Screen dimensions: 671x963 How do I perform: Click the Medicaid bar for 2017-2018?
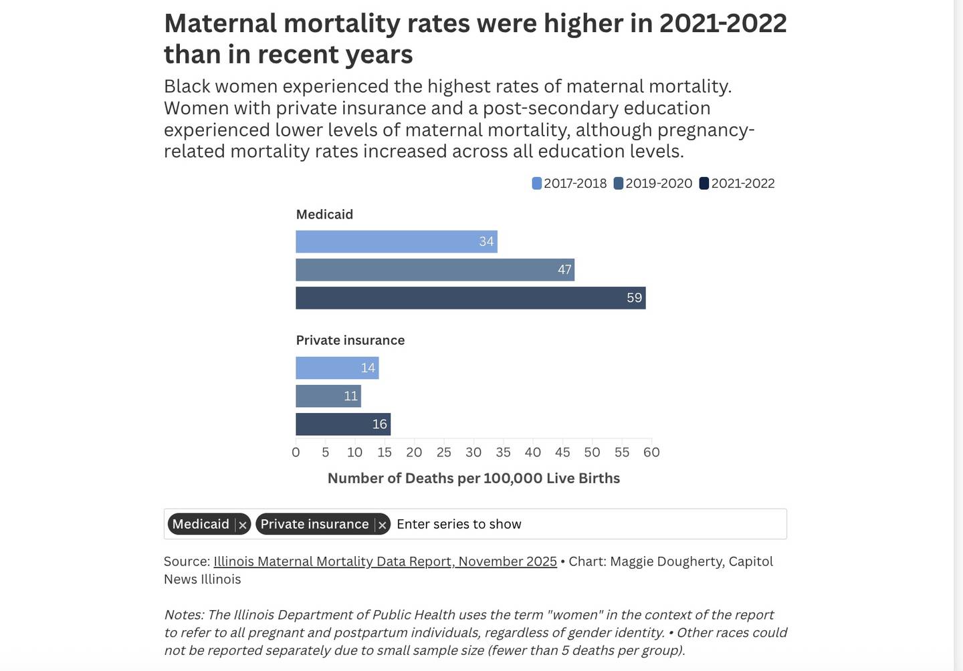click(396, 242)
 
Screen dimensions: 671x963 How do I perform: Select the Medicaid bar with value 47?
click(435, 270)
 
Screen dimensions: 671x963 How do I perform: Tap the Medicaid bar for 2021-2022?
click(470, 298)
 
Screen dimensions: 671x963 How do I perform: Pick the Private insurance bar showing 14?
click(337, 368)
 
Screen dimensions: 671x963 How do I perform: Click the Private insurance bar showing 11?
click(328, 396)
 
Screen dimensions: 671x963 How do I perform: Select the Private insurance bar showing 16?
click(343, 424)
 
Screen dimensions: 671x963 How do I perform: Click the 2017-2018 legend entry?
click(570, 184)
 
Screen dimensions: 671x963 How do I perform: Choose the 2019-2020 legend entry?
click(653, 184)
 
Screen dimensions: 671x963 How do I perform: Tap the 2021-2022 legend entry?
click(737, 184)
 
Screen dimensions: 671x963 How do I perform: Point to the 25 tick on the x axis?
click(444, 452)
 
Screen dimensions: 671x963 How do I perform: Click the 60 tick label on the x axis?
click(651, 452)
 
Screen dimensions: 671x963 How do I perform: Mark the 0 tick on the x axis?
click(296, 452)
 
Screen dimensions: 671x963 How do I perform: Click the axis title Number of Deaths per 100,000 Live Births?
click(473, 479)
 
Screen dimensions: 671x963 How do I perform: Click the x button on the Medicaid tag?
click(243, 525)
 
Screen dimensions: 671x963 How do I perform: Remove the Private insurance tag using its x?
click(382, 525)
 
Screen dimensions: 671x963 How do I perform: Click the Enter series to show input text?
click(459, 525)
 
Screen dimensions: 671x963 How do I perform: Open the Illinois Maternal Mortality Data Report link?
click(385, 561)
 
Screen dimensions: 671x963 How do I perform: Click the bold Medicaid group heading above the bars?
click(324, 215)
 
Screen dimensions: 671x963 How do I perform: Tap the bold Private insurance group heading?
click(350, 340)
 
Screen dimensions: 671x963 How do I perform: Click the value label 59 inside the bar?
click(634, 298)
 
